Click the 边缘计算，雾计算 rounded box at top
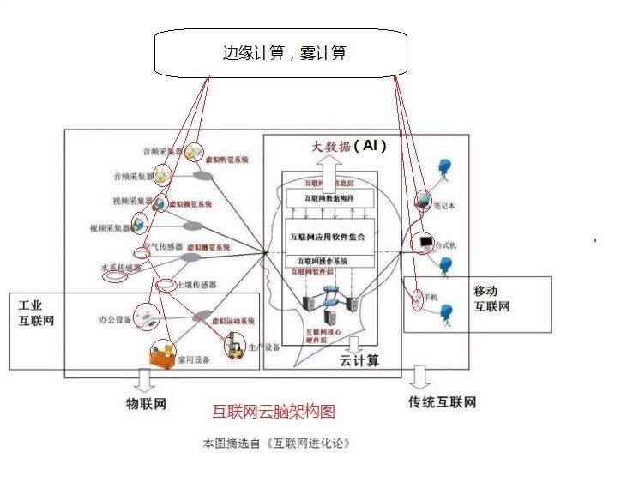tap(279, 53)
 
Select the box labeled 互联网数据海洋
tap(329, 198)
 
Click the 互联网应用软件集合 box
tap(329, 236)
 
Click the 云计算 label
tap(359, 361)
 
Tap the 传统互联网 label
tap(442, 401)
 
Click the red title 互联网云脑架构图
tap(274, 413)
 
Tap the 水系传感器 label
tap(119, 269)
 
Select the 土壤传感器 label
tap(196, 284)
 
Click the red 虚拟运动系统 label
tap(234, 320)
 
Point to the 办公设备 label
tap(114, 320)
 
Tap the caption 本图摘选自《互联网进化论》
tap(275, 444)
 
